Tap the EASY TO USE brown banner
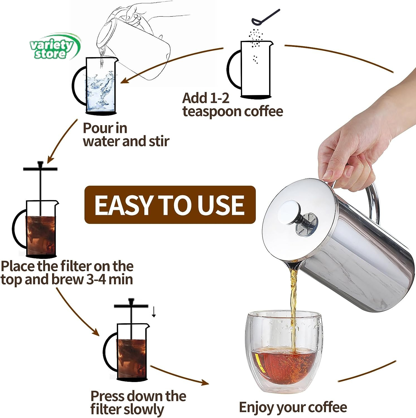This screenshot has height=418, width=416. click(x=170, y=205)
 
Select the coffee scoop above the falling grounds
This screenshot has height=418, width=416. click(x=265, y=17)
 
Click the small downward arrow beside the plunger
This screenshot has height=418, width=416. click(x=154, y=312)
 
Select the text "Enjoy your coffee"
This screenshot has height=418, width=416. click(x=293, y=407)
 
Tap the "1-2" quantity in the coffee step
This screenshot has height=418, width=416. click(x=219, y=98)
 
